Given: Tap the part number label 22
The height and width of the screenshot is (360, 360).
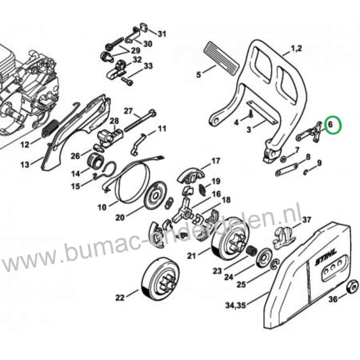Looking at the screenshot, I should tap(120, 297).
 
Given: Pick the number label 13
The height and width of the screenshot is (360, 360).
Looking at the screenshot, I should tap(24, 165).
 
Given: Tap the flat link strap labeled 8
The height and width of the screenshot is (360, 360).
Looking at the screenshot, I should tap(290, 170).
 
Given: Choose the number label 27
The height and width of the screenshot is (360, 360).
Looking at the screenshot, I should tap(128, 111).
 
